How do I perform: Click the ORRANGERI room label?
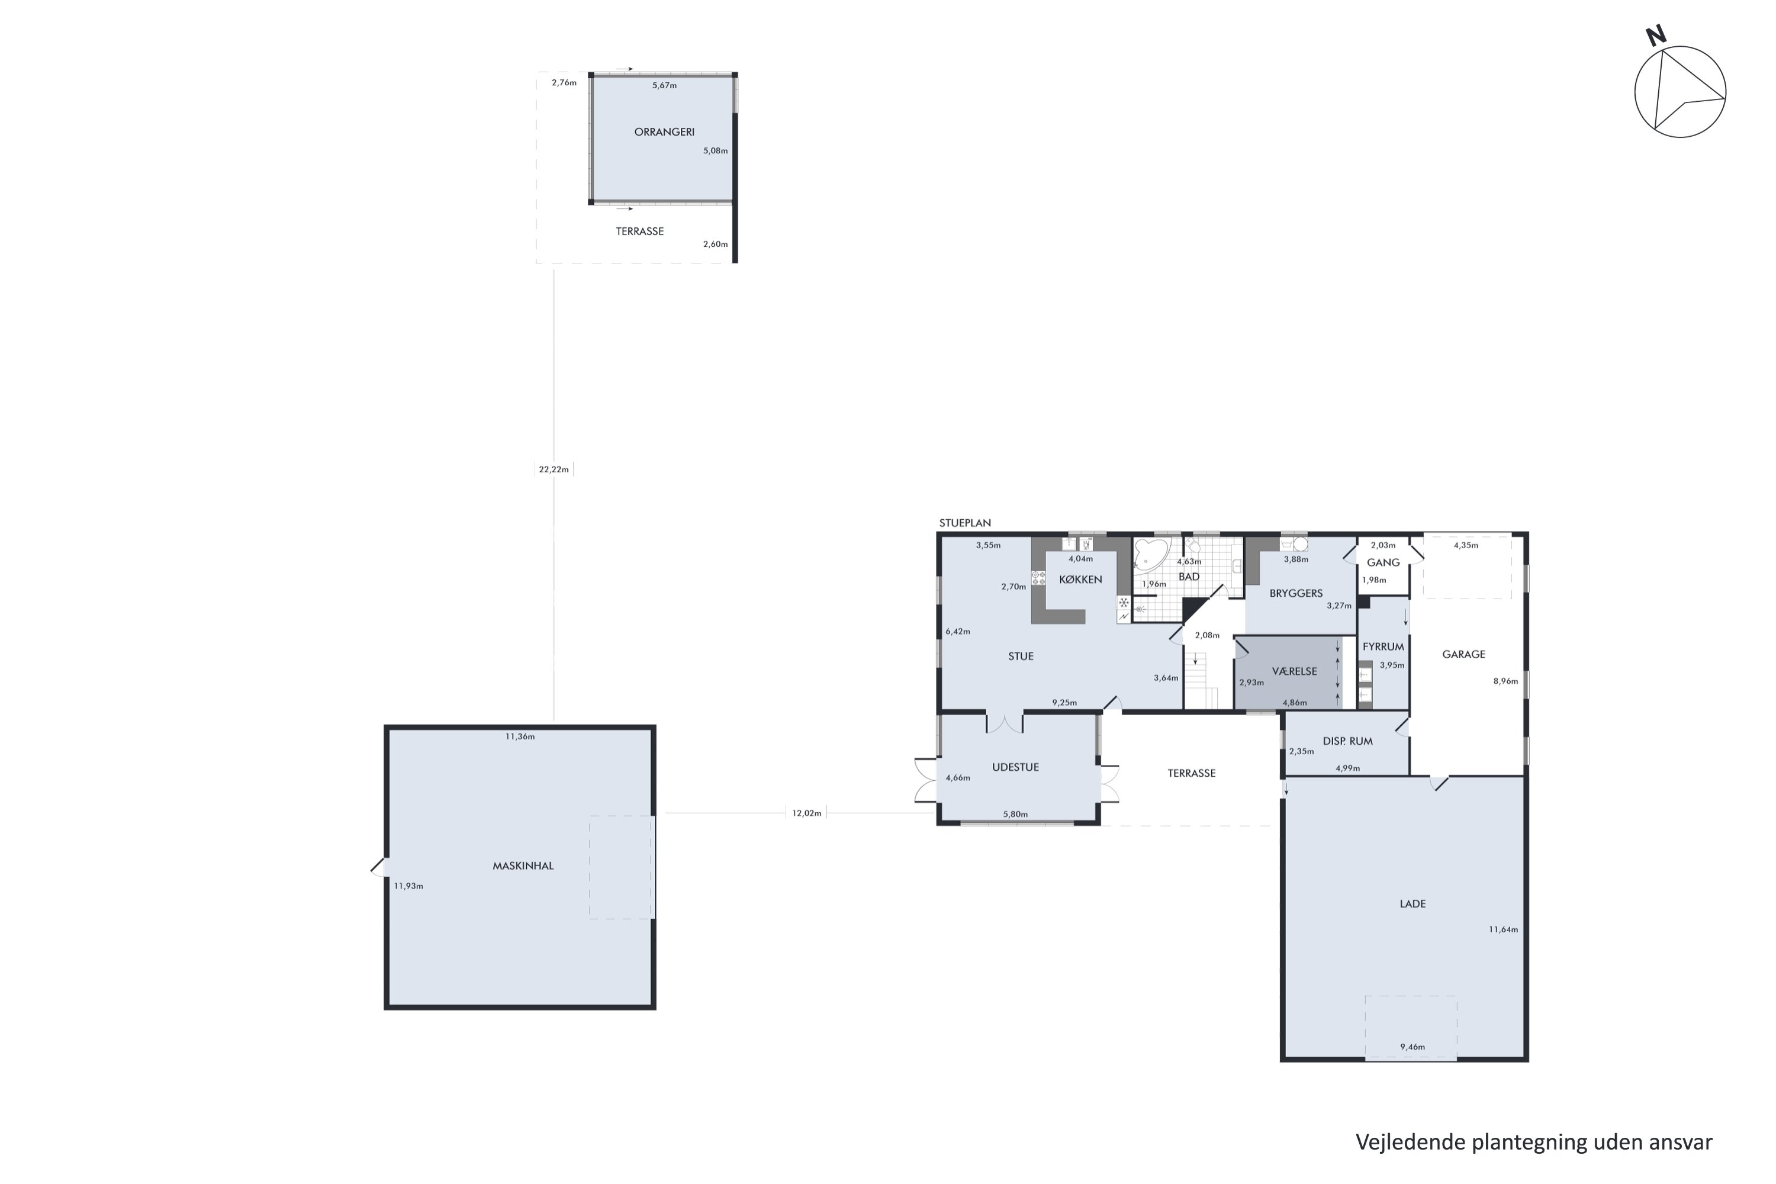[x=664, y=132]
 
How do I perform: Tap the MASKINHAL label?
[x=523, y=866]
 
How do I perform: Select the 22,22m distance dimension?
[x=554, y=469]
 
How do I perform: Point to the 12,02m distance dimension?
[x=806, y=813]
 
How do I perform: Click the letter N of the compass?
[x=1655, y=36]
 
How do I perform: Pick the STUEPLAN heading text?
[x=964, y=523]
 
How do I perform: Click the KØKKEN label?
[x=1080, y=580]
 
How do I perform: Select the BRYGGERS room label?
[x=1296, y=594]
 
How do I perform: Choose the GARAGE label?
[x=1463, y=655]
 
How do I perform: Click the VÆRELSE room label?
[x=1294, y=671]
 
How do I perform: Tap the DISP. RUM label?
[x=1348, y=742]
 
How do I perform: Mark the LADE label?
[x=1412, y=904]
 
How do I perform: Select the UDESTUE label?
[x=1015, y=767]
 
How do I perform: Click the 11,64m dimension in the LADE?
[x=1502, y=929]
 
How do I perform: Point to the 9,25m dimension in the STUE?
[x=1064, y=703]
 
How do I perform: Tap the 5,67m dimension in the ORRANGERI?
[x=664, y=86]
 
